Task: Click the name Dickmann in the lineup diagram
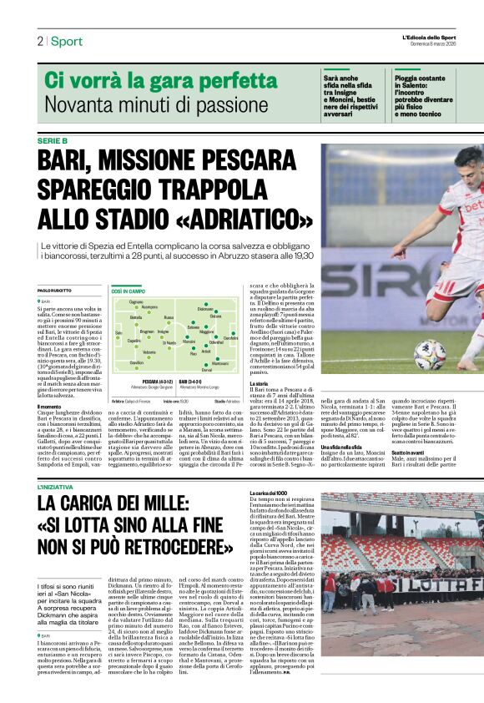point(205,310)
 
